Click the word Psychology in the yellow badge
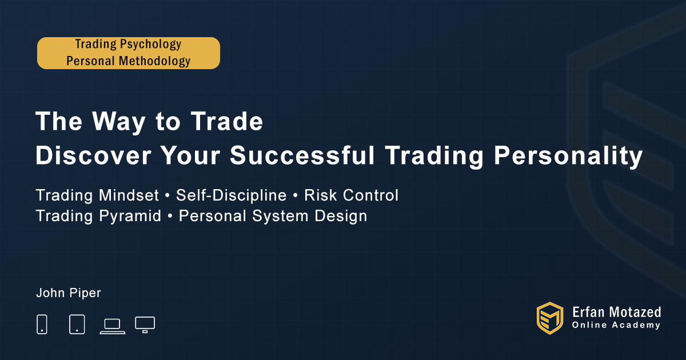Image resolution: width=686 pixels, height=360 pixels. [x=151, y=45]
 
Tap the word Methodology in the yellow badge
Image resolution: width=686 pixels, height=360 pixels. [x=155, y=61]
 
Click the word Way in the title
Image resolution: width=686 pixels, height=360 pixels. [x=119, y=122]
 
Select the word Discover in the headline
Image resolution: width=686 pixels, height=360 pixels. [x=93, y=155]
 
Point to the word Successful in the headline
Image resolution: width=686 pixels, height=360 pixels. [x=302, y=155]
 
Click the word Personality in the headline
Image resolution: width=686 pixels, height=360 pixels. [x=568, y=156]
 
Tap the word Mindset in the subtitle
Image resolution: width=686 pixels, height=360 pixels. [x=129, y=195]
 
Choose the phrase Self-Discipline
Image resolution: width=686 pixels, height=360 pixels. [x=231, y=195]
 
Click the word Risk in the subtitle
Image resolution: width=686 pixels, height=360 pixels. [x=320, y=195]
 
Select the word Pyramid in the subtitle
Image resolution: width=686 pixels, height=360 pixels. [x=130, y=217]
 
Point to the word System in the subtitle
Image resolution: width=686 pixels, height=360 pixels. [x=280, y=217]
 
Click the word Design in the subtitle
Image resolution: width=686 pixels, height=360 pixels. [x=341, y=217]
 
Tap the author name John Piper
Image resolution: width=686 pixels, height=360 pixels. [x=69, y=293]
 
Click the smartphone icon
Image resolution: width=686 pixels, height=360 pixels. [x=42, y=324]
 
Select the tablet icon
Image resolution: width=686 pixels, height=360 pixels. [x=77, y=324]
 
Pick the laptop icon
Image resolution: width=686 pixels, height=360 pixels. [x=113, y=326]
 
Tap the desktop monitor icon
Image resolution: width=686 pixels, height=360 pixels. [x=145, y=325]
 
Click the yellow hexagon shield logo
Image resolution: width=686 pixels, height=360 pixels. [x=550, y=318]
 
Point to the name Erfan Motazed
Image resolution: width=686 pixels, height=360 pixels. [x=616, y=312]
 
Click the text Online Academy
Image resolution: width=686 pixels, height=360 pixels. [x=616, y=325]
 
